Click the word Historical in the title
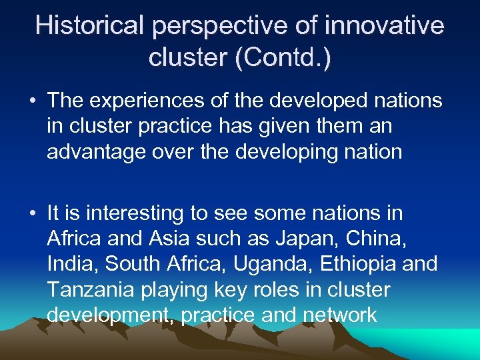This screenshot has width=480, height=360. click(89, 26)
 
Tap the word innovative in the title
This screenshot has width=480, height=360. click(385, 26)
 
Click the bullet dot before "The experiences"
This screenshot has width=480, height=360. click(32, 101)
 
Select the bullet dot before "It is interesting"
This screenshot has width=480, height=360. click(32, 214)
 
